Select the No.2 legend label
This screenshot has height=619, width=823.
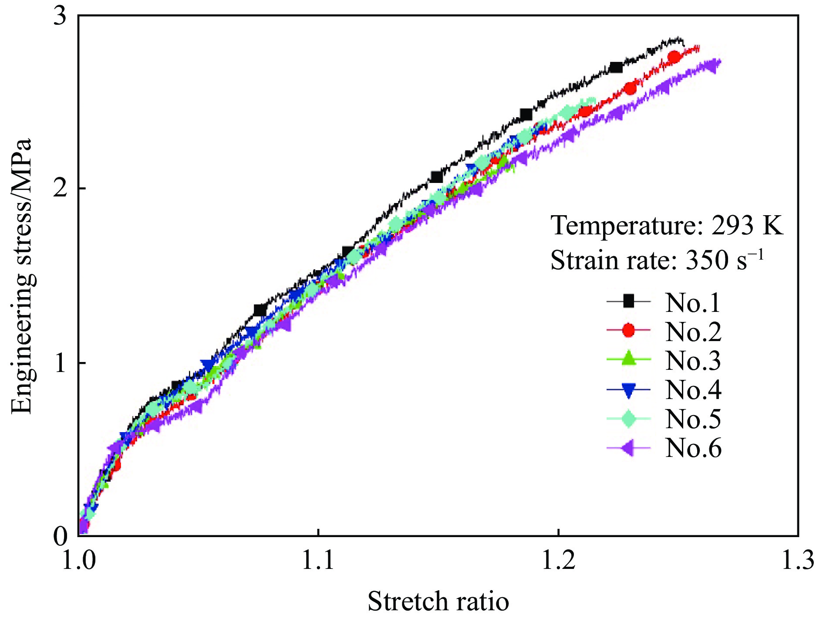692,331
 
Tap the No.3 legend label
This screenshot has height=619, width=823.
692,361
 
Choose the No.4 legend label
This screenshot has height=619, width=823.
692,389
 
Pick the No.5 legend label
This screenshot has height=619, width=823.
692,419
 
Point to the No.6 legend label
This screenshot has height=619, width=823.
692,448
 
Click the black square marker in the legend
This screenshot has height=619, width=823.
628,301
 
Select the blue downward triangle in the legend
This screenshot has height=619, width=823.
628,390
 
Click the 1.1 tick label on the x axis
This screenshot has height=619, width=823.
318,560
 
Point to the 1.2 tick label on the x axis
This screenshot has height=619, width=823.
558,560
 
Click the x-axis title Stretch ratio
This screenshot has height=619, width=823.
438,602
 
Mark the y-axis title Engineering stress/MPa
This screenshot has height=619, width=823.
22,276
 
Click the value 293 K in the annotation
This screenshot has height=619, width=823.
747,226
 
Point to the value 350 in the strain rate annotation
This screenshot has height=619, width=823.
707,260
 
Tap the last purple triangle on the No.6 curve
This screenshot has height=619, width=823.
713,67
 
